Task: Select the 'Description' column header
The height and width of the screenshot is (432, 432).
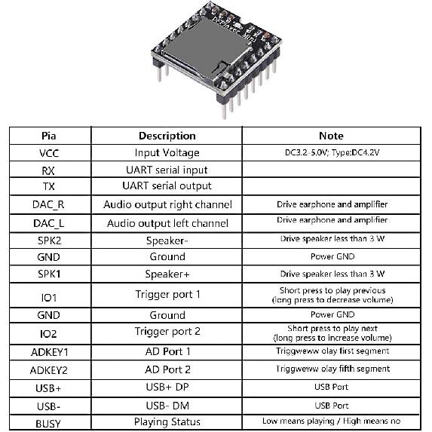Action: coord(167,136)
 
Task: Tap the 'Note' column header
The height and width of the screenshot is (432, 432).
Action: coord(331,136)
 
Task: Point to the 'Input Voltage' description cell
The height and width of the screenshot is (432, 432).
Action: coord(167,152)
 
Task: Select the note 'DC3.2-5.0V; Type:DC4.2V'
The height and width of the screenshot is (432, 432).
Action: coord(331,152)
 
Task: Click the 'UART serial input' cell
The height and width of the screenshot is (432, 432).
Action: coord(167,170)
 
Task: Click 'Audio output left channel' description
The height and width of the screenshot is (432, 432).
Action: coord(167,223)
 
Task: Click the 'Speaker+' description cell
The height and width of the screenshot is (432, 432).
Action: coord(167,274)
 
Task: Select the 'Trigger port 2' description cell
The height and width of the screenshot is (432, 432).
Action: coord(167,332)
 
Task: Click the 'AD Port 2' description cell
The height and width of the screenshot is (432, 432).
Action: coord(167,369)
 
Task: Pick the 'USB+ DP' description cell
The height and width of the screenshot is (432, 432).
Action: coord(167,388)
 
